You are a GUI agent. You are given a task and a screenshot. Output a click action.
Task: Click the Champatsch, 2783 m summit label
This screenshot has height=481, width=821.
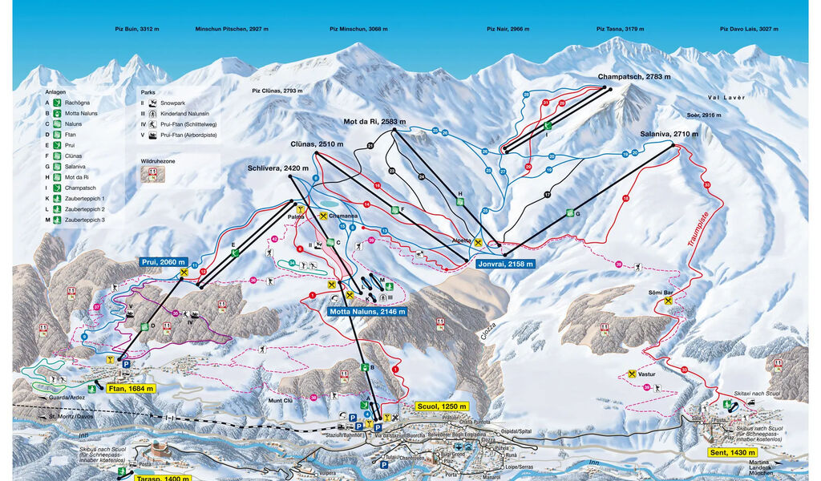(x=633, y=77)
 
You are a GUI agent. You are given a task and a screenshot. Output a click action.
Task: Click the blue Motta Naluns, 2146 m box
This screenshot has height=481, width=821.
(x=367, y=311)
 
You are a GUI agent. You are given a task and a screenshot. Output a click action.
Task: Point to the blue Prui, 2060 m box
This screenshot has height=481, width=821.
(x=162, y=262)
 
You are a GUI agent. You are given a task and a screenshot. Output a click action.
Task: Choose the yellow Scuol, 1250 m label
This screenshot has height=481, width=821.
(x=441, y=406)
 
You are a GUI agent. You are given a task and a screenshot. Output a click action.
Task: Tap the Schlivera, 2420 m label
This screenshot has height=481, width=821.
(x=278, y=168)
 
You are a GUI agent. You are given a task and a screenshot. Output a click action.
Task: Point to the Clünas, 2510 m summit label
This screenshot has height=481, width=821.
(x=317, y=144)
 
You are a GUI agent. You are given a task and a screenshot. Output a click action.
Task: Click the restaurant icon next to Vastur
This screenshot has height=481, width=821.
(x=633, y=374)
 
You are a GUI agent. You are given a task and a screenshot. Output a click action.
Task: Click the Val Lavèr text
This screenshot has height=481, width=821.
(x=726, y=97)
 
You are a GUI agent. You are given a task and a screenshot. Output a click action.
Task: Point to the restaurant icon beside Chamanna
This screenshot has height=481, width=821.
(x=323, y=216)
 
